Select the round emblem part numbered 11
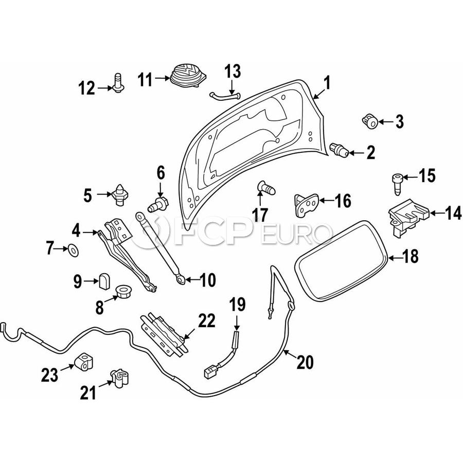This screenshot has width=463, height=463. pyautogui.click(x=186, y=79)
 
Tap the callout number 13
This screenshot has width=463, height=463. pyautogui.click(x=232, y=70)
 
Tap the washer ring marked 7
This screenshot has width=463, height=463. pyautogui.click(x=73, y=251)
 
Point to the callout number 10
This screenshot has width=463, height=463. pyautogui.click(x=207, y=280)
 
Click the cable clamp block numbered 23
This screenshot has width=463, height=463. pyautogui.click(x=84, y=361)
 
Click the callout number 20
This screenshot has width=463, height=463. pyautogui.click(x=305, y=363)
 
